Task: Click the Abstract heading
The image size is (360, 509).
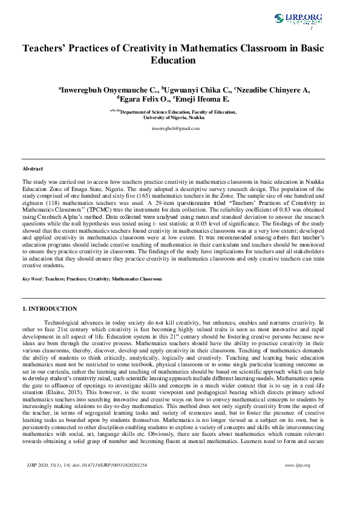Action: point(33,169)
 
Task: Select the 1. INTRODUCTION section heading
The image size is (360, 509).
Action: point(50,309)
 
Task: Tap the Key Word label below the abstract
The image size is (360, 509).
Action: point(33,279)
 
